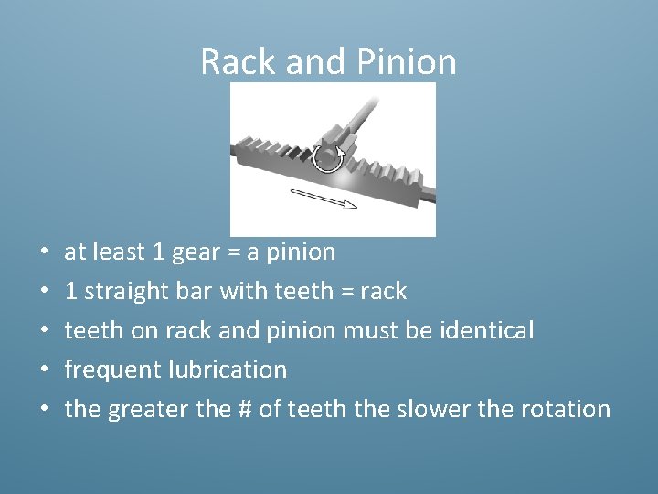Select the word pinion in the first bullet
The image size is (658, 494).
point(302,252)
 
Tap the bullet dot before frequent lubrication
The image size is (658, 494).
point(45,370)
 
